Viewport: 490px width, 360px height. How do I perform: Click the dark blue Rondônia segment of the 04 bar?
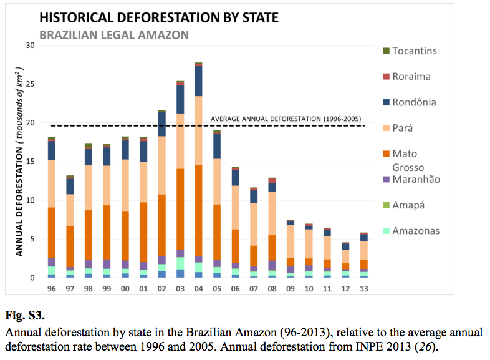(x=198, y=81)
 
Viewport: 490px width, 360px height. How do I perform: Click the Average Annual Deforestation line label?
(x=286, y=119)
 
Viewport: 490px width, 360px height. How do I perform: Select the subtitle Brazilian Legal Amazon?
(x=114, y=35)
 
